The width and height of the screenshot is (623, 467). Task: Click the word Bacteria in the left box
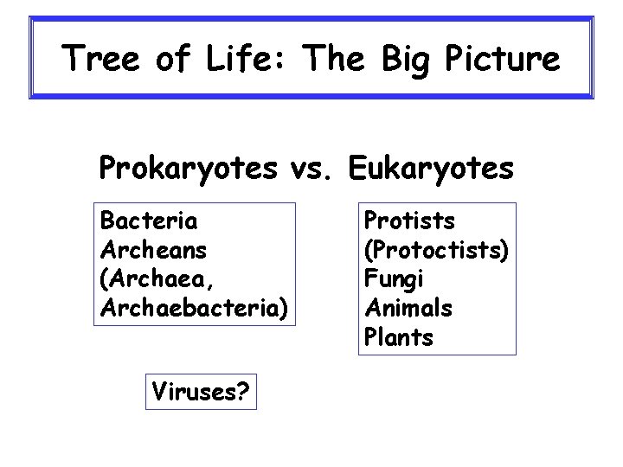click(149, 221)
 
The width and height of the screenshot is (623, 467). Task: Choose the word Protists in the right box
click(410, 221)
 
